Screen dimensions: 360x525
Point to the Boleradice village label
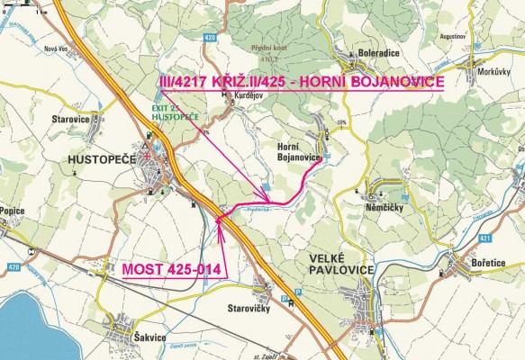[378, 52]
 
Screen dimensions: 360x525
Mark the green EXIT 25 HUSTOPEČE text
[169, 112]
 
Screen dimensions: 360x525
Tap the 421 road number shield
[509, 237]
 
